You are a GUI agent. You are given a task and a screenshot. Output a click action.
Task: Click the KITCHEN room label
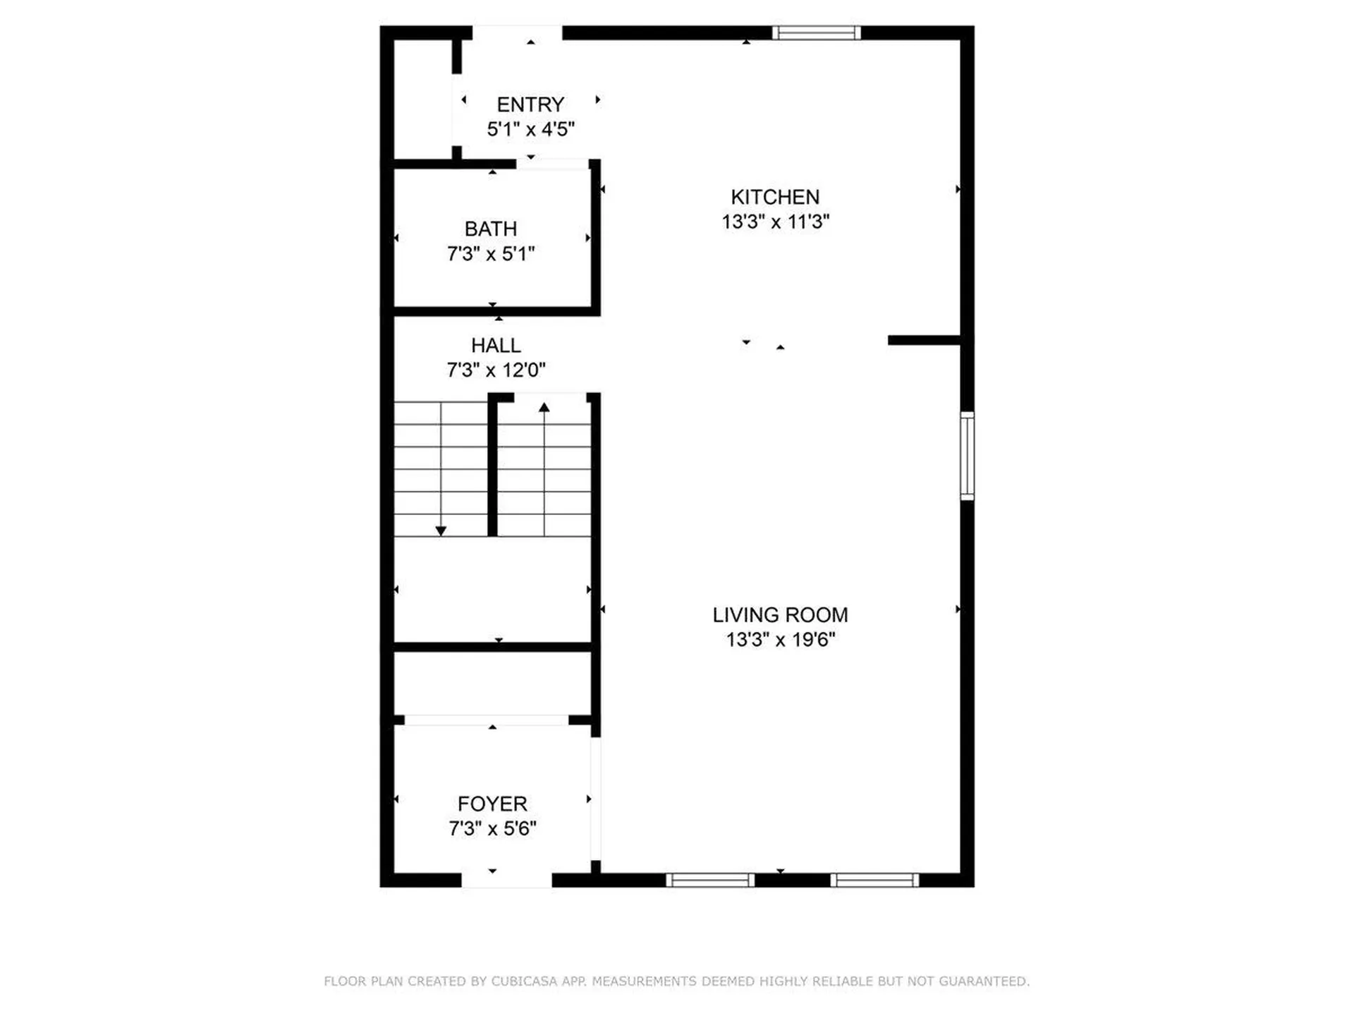[x=775, y=197]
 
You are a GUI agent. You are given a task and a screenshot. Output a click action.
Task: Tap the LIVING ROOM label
[x=780, y=615]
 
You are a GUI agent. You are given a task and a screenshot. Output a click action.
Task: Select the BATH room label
[x=491, y=229]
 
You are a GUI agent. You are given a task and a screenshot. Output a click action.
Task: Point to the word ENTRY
[x=530, y=104]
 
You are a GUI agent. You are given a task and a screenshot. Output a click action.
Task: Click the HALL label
[x=496, y=346]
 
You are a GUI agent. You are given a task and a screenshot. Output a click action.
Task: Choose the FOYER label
[x=492, y=804]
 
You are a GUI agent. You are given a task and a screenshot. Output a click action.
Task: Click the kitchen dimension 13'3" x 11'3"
[x=776, y=222]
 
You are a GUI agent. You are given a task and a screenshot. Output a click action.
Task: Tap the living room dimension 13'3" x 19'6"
[x=781, y=639]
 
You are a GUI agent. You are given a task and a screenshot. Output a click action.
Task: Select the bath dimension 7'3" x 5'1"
[x=491, y=253]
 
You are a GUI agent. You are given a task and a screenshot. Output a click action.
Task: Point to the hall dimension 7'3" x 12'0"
[x=496, y=370]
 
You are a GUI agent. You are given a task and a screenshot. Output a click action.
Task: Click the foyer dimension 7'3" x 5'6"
[x=492, y=828]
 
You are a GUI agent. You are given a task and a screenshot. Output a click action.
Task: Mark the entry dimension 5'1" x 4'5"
[x=530, y=129]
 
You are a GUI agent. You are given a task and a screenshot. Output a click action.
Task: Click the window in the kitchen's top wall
[x=817, y=32]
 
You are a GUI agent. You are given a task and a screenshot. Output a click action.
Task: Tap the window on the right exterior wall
[x=968, y=456]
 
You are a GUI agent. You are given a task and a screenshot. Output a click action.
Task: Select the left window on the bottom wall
[x=710, y=880]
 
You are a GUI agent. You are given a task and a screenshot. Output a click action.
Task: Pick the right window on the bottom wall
[x=874, y=880]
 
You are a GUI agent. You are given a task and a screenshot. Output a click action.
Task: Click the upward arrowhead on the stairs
[x=544, y=407]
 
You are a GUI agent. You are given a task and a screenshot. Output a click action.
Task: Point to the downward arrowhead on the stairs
[x=441, y=531]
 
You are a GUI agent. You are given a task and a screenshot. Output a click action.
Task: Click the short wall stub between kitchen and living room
[x=924, y=340]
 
